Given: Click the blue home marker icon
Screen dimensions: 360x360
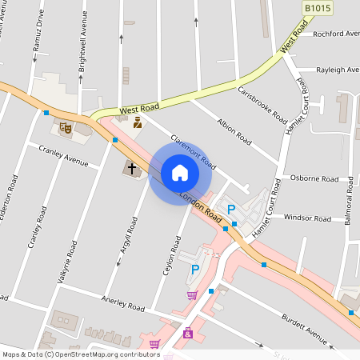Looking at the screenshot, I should tap(179, 173).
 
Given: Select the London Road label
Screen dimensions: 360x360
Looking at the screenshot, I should tap(200, 206).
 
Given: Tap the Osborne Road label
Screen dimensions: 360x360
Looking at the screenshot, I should tap(310, 178).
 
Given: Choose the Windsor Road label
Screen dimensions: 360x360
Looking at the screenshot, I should tap(307, 218).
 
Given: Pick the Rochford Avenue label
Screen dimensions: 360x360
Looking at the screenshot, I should tap(336, 34).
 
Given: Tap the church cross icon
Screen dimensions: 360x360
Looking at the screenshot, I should tap(130, 169).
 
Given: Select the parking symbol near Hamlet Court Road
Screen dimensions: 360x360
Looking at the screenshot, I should tap(231, 209).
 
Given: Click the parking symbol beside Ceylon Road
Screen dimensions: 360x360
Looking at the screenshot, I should tap(194, 271).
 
